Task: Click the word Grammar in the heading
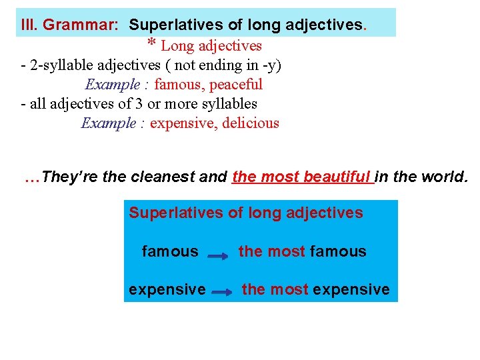pos(81,25)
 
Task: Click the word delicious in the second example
pos(248,123)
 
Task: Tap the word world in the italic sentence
pos(446,177)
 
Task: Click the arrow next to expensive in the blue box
pos(223,291)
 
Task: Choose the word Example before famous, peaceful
pos(113,85)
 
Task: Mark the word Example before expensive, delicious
pos(109,123)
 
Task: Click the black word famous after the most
pos(338,251)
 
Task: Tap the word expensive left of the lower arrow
pos(167,289)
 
